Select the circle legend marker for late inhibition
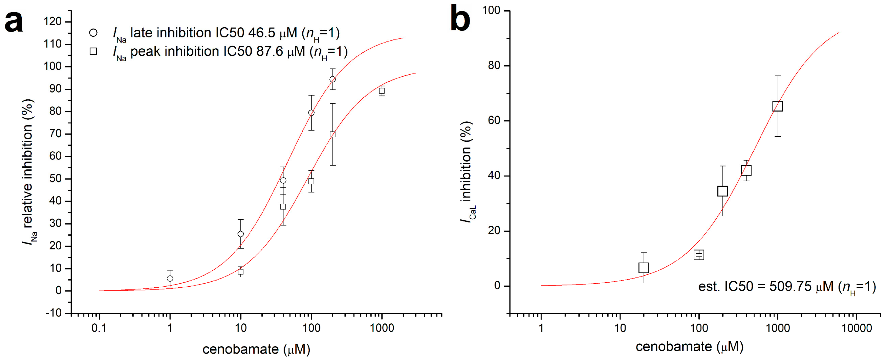[93, 33]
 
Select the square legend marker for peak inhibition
[93, 51]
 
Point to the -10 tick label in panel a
[53, 313]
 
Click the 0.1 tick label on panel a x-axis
[99, 328]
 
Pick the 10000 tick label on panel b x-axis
[856, 328]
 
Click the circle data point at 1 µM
[170, 278]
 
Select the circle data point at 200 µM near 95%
[332, 79]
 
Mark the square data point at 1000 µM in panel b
[778, 106]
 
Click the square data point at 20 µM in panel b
[644, 268]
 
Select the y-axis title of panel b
[467, 172]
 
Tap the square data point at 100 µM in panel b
[699, 255]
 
